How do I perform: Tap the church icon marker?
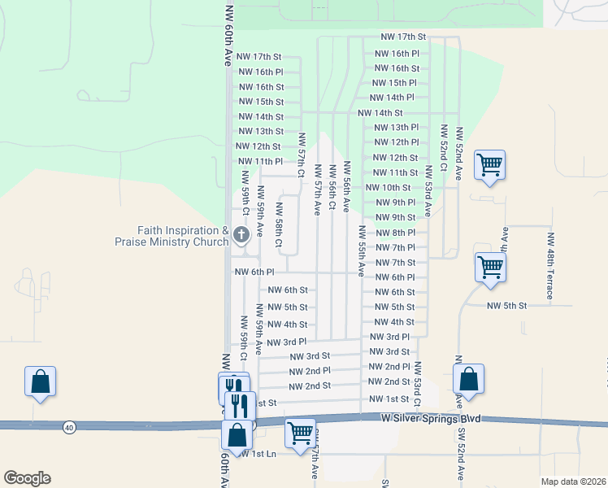pyautogui.click(x=241, y=236)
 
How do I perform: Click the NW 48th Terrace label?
pyautogui.click(x=550, y=266)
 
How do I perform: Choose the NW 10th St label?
pyautogui.click(x=388, y=188)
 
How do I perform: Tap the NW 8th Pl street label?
pyautogui.click(x=395, y=233)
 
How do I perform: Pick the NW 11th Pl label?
pyautogui.click(x=259, y=162)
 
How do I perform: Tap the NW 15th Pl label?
pyautogui.click(x=394, y=83)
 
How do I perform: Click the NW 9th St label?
pyautogui.click(x=395, y=218)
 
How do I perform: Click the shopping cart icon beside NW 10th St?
pyautogui.click(x=490, y=165)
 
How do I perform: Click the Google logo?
pyautogui.click(x=27, y=478)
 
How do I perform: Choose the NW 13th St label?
pyautogui.click(x=260, y=131)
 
